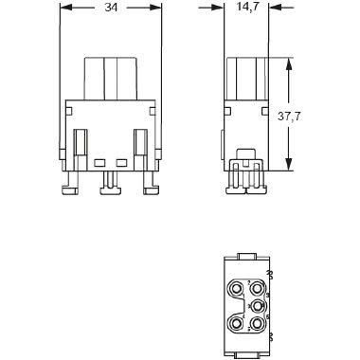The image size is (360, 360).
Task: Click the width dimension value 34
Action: coord(111,9)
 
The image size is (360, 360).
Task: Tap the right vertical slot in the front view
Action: coord(140,142)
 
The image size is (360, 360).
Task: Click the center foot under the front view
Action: coord(110,185)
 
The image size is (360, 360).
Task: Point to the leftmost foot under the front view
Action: coord(71,187)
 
